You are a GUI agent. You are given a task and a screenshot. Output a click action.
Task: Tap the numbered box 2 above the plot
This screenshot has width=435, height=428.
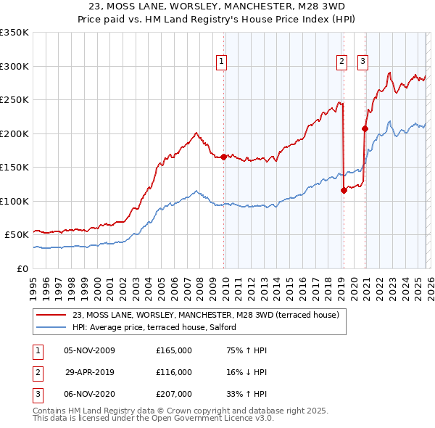[x=341, y=62]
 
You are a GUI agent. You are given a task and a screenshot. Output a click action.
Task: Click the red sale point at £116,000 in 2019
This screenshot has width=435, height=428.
[x=344, y=191]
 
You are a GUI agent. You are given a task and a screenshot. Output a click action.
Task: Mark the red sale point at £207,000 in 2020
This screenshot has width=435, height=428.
[x=365, y=129]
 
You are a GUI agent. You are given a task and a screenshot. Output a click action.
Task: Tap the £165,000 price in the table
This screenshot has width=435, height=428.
[x=174, y=350]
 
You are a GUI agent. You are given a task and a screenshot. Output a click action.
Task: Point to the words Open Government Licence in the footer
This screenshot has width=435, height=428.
[x=217, y=418]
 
